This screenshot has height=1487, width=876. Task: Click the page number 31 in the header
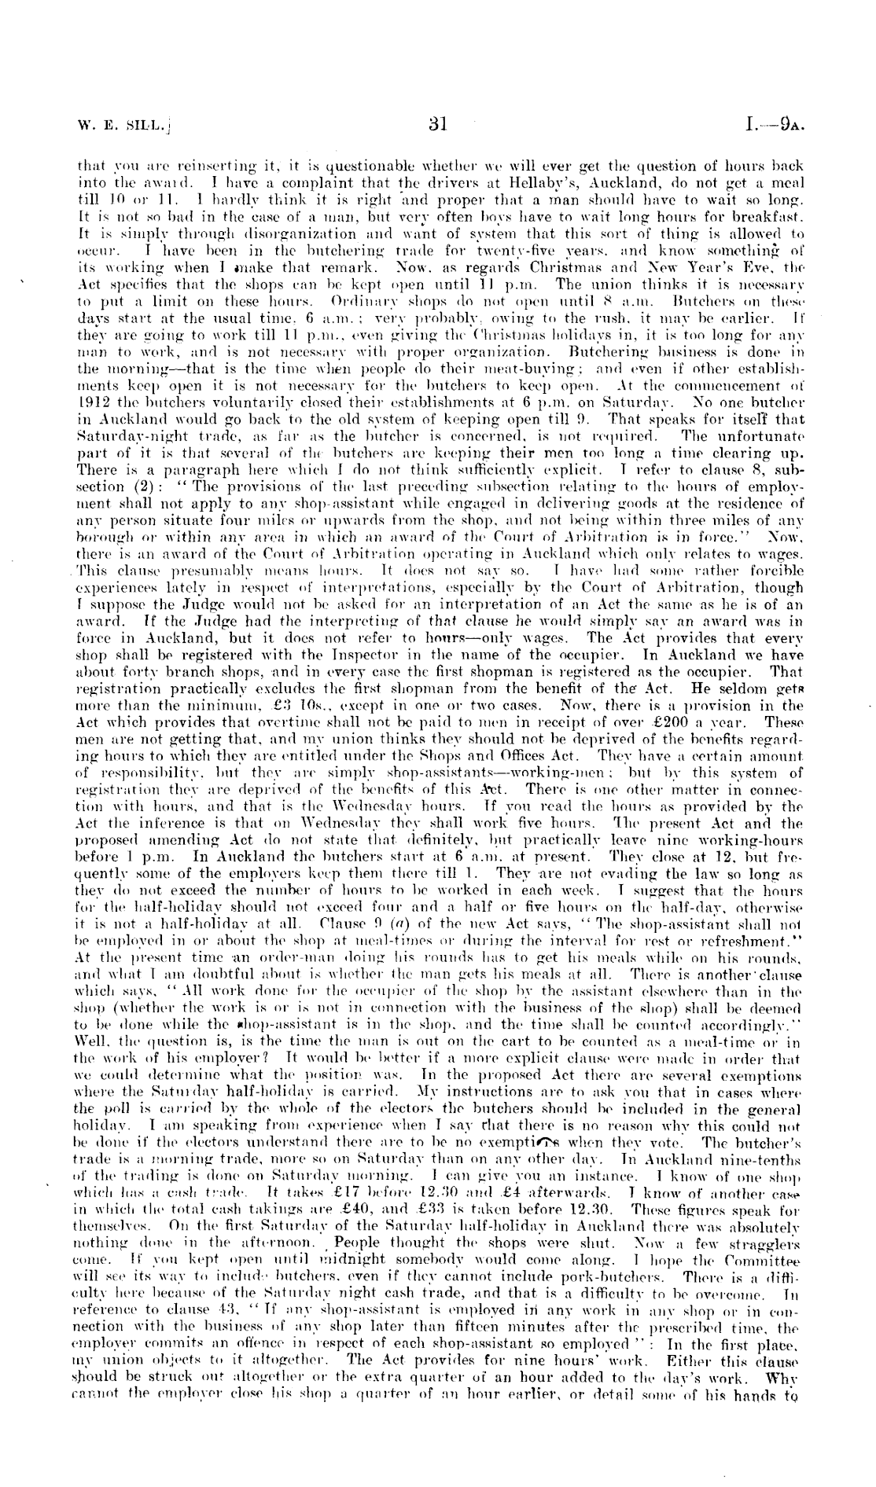click(x=438, y=123)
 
